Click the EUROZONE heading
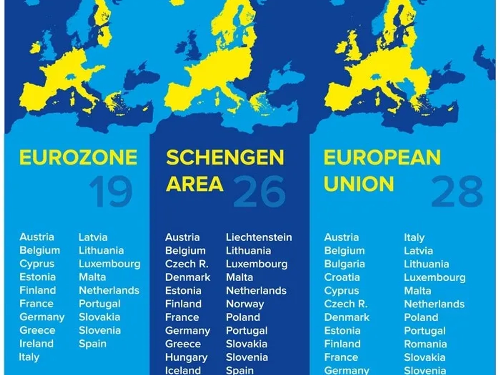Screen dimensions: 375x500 tap(78, 157)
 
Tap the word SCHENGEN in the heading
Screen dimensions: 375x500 tap(225, 157)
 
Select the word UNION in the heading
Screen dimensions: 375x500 tap(359, 184)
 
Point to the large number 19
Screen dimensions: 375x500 tap(111, 191)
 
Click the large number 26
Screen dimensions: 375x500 tap(259, 191)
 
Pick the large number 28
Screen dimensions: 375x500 tap(457, 191)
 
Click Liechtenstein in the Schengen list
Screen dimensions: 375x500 tap(259, 237)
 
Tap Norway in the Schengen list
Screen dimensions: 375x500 tap(245, 304)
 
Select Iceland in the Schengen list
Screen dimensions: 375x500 tap(183, 370)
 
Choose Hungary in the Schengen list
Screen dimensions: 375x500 tap(186, 357)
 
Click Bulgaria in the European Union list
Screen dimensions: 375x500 tap(344, 264)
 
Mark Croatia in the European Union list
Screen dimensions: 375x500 tap(342, 277)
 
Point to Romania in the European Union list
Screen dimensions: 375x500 tap(425, 344)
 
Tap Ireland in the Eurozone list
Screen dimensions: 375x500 tap(36, 344)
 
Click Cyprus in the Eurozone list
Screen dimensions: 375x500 tap(37, 264)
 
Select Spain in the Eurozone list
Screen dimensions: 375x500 tap(92, 344)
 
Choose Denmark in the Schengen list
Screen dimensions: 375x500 tap(187, 277)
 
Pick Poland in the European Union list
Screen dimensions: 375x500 tap(421, 317)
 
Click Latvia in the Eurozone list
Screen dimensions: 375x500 tap(93, 237)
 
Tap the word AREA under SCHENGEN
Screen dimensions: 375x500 tap(195, 184)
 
